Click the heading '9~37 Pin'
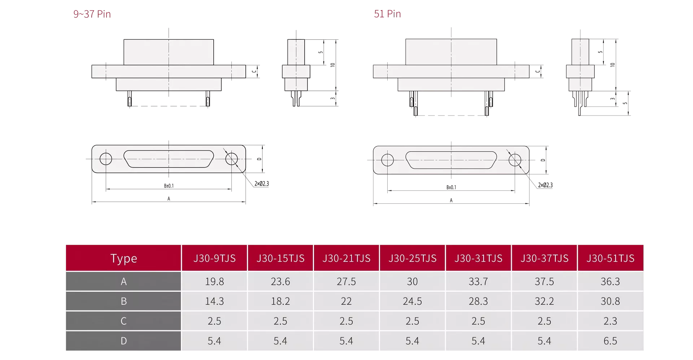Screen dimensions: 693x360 pos(92,14)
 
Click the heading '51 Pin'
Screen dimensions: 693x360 pos(387,14)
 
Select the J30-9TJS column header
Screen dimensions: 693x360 pos(214,258)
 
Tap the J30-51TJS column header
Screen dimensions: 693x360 pos(610,258)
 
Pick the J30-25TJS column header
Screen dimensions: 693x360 pos(412,258)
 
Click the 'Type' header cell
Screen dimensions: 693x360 pos(123,258)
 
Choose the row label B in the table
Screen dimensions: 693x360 pos(123,301)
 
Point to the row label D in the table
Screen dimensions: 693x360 pos(123,341)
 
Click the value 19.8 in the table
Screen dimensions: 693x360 pos(214,281)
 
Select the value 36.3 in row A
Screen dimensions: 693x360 pos(610,281)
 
